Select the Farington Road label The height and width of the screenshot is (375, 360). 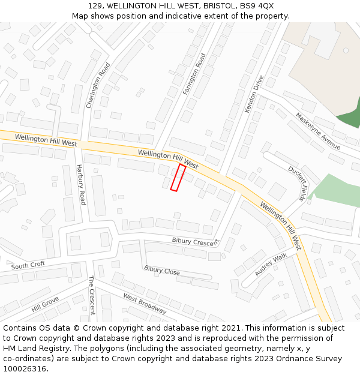click(x=194, y=74)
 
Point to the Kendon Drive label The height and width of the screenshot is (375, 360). click(x=254, y=94)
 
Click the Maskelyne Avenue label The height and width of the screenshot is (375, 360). click(x=318, y=131)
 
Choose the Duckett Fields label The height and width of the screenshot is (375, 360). click(x=298, y=182)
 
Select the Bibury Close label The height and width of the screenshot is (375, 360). click(x=162, y=271)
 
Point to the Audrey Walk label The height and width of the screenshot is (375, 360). click(x=271, y=265)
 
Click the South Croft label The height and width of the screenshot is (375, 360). click(x=28, y=265)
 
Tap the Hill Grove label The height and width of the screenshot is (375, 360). click(x=45, y=304)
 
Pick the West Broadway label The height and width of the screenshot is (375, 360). click(x=145, y=304)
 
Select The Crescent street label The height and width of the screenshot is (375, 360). click(x=92, y=295)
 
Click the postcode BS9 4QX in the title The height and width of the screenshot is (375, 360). click(x=258, y=5)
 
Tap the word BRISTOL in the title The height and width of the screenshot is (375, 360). click(x=219, y=5)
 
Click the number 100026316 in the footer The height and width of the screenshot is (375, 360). click(x=25, y=369)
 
